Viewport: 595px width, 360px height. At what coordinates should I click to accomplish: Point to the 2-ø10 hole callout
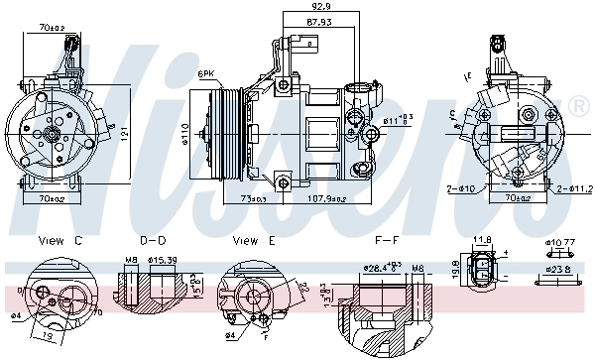(463, 186)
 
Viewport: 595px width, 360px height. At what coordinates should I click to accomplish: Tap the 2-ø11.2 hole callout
(572, 186)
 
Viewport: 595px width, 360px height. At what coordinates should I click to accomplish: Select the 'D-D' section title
(153, 241)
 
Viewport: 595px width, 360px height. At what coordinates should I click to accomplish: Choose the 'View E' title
(252, 241)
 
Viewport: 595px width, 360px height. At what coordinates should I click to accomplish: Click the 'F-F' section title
(387, 241)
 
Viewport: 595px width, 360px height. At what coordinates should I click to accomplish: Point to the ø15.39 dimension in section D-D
(163, 261)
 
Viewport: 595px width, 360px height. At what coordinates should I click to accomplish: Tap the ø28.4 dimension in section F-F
(378, 267)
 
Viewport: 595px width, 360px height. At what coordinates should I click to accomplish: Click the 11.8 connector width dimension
(483, 240)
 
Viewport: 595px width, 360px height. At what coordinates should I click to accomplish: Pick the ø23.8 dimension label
(560, 267)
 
